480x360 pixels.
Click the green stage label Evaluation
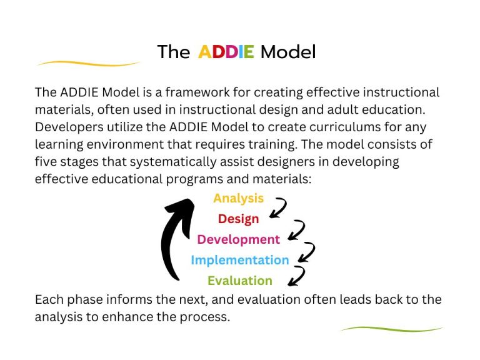coord(239,281)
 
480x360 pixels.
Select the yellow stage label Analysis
coord(238,198)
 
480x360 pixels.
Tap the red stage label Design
coord(238,219)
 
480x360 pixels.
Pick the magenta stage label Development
coord(238,239)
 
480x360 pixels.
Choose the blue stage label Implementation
coord(239,260)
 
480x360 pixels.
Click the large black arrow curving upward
coord(172,237)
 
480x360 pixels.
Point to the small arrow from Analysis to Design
coord(278,208)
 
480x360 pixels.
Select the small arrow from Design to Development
coord(296,229)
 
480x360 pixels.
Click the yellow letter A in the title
coord(206,52)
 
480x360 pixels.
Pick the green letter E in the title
coord(248,52)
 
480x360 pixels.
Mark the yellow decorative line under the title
coord(87,63)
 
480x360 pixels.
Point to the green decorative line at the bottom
coord(392,329)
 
